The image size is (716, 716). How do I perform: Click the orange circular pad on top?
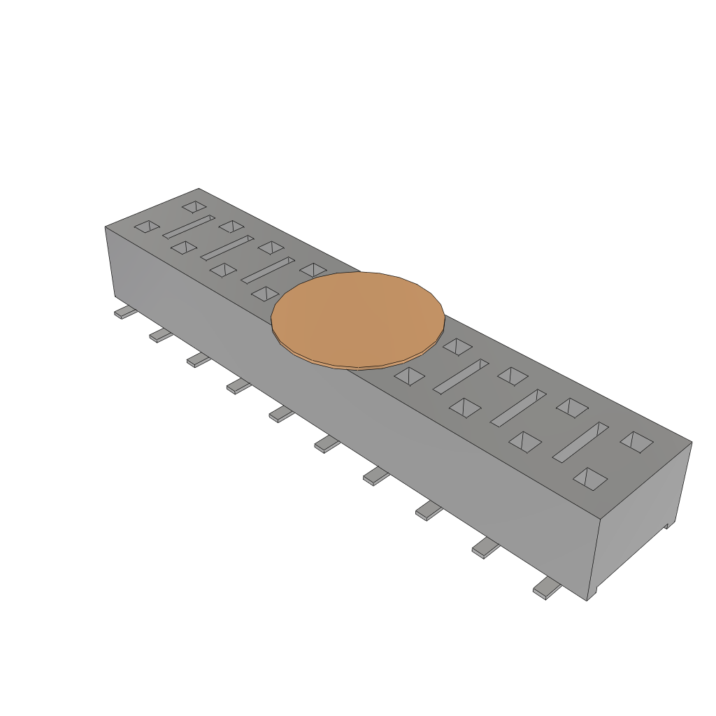pyautogui.click(x=358, y=319)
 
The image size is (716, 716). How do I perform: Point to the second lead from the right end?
pyautogui.click(x=486, y=549)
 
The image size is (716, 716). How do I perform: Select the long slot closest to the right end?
pyautogui.click(x=580, y=441)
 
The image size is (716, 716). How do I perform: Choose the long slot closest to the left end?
pyautogui.click(x=189, y=226)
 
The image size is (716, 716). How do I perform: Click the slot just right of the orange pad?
pyautogui.click(x=461, y=375)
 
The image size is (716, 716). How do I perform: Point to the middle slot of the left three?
pyautogui.click(x=228, y=248)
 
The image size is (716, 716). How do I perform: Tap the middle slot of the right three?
pyautogui.click(x=518, y=407)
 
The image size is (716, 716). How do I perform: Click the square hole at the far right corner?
pyautogui.click(x=636, y=441)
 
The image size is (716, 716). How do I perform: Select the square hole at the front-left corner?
pyautogui.click(x=147, y=226)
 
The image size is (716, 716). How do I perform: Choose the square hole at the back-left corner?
pyautogui.click(x=194, y=206)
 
